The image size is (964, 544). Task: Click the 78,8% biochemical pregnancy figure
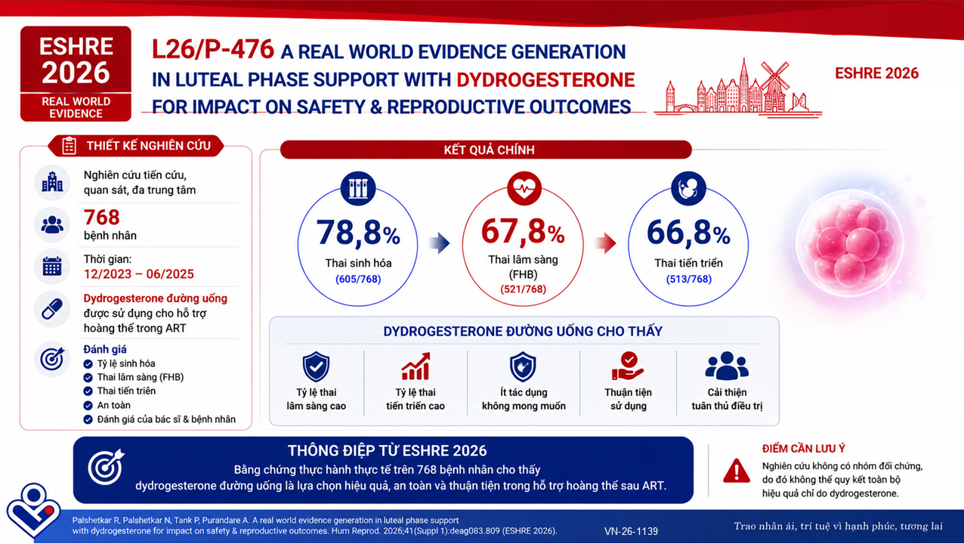click(358, 233)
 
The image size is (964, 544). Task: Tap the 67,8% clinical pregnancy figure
click(523, 231)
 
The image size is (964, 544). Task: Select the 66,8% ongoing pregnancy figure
click(688, 233)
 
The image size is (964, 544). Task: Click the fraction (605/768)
click(358, 280)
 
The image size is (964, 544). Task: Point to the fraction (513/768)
click(688, 280)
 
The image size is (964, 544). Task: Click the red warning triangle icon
click(737, 471)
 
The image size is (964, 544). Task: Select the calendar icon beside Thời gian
click(52, 267)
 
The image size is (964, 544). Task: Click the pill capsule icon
click(52, 309)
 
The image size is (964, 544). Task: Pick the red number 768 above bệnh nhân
click(101, 218)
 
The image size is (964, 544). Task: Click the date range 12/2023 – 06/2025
click(138, 274)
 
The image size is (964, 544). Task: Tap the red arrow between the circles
click(605, 243)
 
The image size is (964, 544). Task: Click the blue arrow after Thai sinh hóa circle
click(440, 243)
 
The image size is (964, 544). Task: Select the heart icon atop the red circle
click(524, 188)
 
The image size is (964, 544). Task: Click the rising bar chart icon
click(416, 366)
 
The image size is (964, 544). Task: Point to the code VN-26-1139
click(631, 531)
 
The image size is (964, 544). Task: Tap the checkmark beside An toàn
click(88, 406)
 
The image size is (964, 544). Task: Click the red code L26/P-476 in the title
click(213, 49)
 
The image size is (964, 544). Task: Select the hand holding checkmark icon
click(628, 366)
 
